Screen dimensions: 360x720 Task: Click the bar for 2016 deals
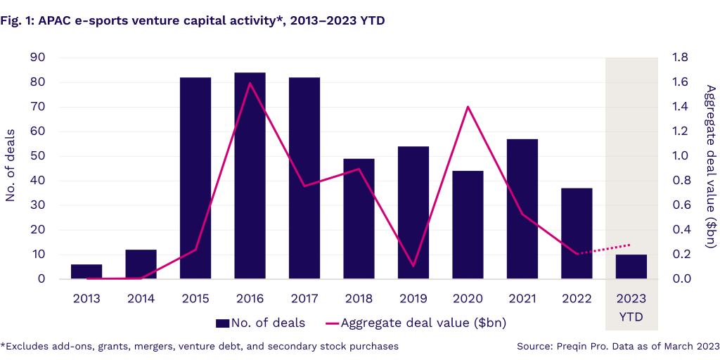[x=250, y=176]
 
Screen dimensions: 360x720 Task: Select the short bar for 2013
[x=86, y=271]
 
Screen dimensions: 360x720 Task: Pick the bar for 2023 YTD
[x=631, y=266]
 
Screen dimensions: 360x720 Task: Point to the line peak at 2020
[x=468, y=107]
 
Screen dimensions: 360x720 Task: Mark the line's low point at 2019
[x=413, y=266]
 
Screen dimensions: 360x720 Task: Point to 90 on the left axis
[x=39, y=58]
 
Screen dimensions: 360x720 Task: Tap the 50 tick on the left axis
[x=39, y=156]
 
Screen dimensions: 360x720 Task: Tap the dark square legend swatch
[x=223, y=323]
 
